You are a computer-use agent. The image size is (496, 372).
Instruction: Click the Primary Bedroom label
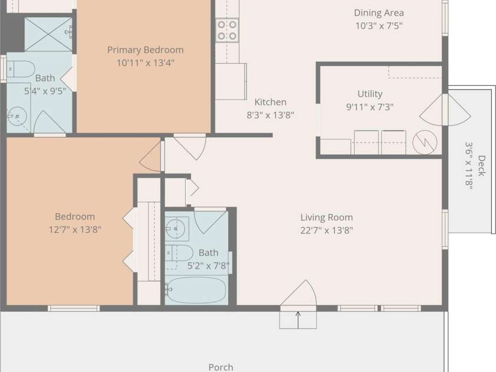click(x=145, y=50)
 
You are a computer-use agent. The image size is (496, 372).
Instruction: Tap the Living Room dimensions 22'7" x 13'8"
click(x=327, y=230)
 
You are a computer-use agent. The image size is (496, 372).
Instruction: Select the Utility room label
click(x=369, y=94)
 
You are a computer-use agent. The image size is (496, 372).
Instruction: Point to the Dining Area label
click(x=379, y=13)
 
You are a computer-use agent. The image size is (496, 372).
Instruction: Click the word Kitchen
click(x=271, y=102)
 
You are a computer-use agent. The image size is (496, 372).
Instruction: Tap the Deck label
click(x=481, y=166)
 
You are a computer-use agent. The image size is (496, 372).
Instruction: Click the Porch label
click(x=221, y=367)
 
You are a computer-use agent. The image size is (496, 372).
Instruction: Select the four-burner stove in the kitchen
click(x=227, y=31)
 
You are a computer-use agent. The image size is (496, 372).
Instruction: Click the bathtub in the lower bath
click(x=196, y=290)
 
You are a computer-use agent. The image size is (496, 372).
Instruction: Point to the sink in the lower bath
click(x=177, y=229)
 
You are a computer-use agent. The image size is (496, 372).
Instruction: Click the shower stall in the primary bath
click(x=48, y=35)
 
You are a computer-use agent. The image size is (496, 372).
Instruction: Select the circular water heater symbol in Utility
click(x=425, y=142)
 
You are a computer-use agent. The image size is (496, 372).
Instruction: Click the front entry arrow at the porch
click(x=298, y=320)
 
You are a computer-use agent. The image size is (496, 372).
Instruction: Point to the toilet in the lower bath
click(x=179, y=253)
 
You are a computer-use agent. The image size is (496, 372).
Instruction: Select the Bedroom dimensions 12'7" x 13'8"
click(x=75, y=230)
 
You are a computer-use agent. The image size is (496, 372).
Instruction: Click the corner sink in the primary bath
click(x=15, y=117)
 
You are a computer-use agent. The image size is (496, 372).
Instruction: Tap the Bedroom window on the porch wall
click(x=74, y=308)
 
